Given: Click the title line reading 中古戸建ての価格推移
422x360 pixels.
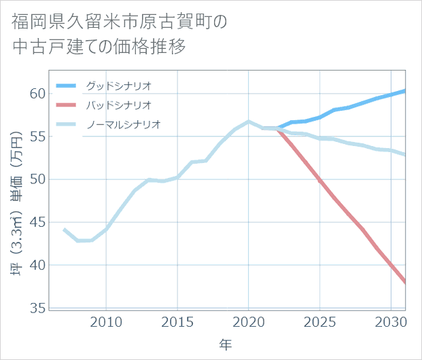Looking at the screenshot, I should [x=99, y=47].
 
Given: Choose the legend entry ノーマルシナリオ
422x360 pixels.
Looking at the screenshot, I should [x=123, y=125].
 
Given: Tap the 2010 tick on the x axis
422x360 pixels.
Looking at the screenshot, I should [x=106, y=322].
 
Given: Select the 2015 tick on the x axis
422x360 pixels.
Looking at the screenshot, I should [x=177, y=322].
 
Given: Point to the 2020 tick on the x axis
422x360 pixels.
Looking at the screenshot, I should [x=249, y=322].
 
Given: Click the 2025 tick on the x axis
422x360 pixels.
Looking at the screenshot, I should [x=320, y=322].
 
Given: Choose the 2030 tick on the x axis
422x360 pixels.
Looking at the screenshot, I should [x=391, y=322].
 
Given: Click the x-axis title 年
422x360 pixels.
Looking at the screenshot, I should [x=226, y=345].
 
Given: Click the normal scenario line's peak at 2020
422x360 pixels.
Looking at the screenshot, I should [x=249, y=122].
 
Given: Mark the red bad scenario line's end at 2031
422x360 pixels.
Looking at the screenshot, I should [x=405, y=282].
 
